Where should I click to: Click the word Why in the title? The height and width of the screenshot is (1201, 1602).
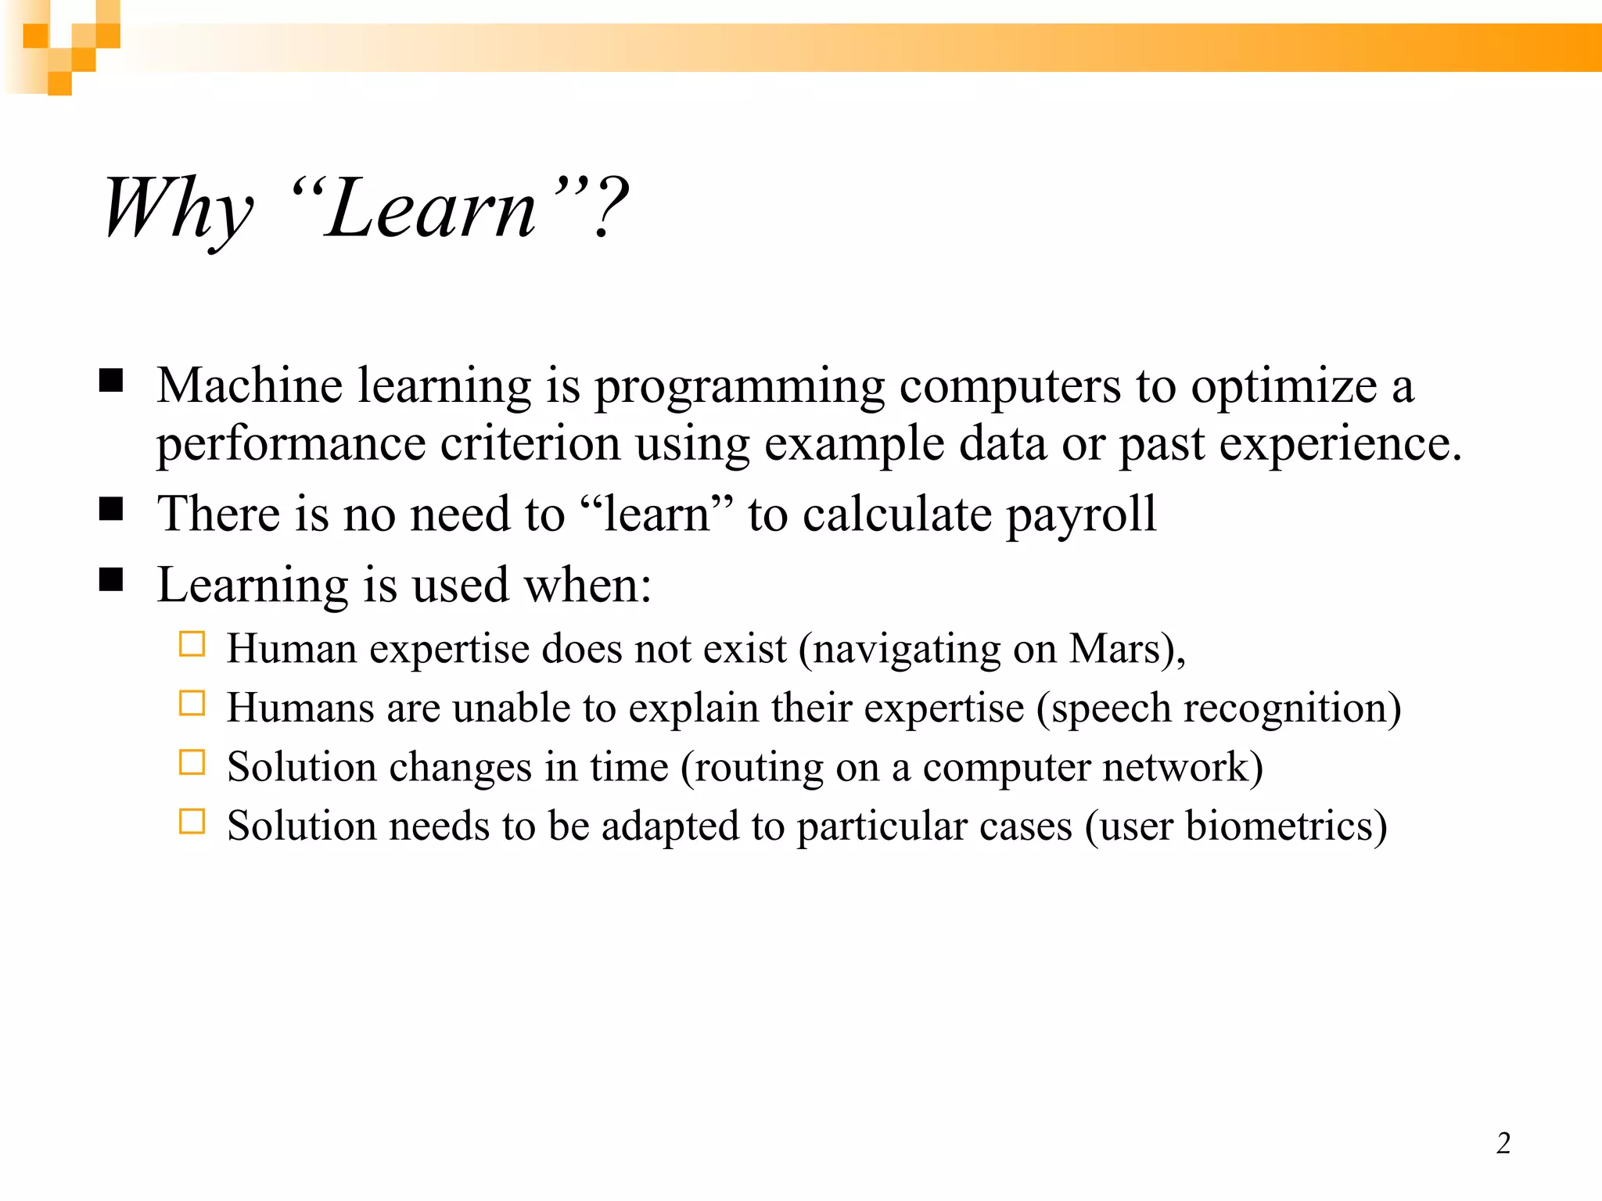click(x=178, y=208)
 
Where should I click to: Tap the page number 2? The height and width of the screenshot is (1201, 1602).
click(x=1503, y=1144)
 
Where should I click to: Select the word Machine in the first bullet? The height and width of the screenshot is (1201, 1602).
click(x=250, y=386)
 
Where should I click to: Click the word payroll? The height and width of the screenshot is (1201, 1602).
click(x=1080, y=514)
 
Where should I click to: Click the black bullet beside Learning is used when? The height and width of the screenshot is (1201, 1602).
click(x=112, y=580)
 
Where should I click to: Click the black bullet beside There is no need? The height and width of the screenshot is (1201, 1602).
click(x=112, y=509)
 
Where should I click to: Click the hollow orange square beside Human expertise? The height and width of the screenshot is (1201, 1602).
click(x=192, y=644)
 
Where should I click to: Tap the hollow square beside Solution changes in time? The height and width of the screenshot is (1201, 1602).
click(x=192, y=762)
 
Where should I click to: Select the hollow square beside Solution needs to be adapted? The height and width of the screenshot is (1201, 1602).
click(x=192, y=822)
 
